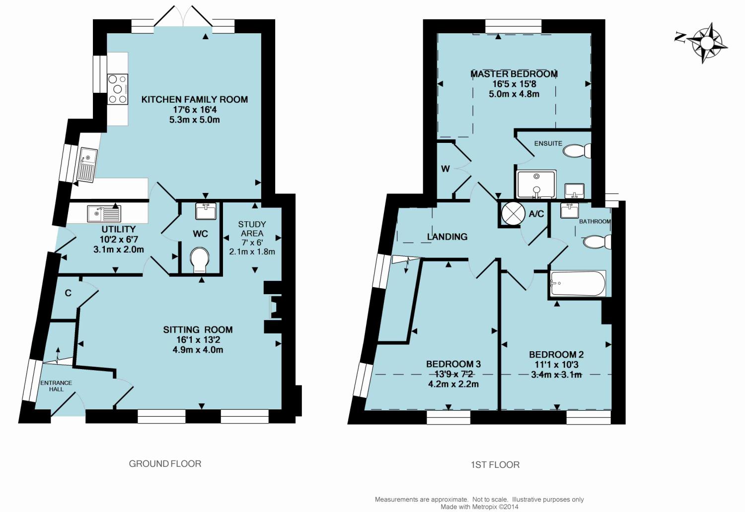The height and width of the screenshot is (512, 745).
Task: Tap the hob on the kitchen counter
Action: click(118, 89)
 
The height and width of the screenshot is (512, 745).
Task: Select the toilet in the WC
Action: click(200, 260)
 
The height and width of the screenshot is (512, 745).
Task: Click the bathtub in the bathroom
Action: click(578, 283)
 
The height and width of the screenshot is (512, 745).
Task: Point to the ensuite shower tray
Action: click(536, 185)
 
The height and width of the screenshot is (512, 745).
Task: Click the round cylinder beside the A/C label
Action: click(511, 213)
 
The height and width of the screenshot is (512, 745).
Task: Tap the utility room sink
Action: click(104, 213)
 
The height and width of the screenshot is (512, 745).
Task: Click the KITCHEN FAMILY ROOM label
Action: click(195, 99)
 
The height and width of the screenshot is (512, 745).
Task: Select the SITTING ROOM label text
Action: click(198, 329)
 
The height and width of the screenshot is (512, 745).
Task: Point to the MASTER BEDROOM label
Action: click(514, 74)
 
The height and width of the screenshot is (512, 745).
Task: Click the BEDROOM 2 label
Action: click(556, 355)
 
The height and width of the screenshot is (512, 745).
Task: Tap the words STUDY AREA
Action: click(252, 229)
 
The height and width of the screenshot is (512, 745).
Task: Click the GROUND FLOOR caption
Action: click(165, 464)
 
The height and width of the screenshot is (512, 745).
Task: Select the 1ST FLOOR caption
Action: click(495, 465)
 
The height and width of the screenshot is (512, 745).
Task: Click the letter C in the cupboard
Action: click(68, 293)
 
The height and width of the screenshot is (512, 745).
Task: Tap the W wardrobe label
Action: click(446, 169)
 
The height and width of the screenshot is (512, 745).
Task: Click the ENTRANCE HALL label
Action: click(56, 386)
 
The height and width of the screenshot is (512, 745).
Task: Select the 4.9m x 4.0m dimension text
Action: click(198, 350)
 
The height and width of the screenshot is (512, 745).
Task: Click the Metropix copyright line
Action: click(479, 507)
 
